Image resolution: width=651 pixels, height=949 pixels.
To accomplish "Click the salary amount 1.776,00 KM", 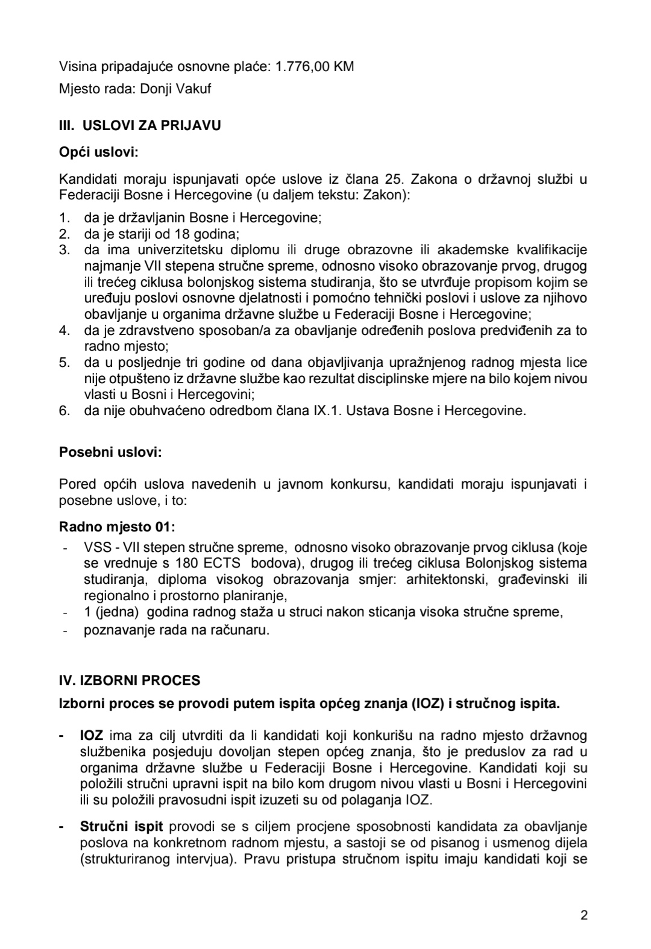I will (315, 67).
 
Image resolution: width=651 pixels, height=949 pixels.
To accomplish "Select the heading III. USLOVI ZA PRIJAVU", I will (140, 126).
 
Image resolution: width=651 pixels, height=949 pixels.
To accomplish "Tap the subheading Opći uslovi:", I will (99, 152).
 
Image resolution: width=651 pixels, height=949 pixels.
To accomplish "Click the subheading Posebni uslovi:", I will (110, 452).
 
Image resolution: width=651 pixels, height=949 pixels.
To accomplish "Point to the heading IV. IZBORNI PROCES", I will (130, 681).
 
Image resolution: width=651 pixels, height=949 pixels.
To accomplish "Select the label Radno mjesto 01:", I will (117, 527).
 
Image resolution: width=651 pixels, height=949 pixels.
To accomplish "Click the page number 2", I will (583, 915).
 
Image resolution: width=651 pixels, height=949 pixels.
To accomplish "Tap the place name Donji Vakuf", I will (175, 89).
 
